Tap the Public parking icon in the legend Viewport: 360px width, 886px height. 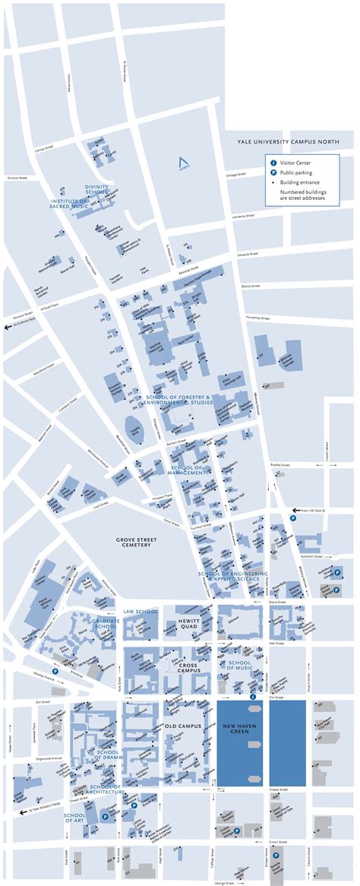(x=273, y=172)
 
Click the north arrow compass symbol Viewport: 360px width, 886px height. (x=181, y=162)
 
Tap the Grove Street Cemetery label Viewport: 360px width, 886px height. (x=136, y=541)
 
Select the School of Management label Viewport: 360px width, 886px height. (x=188, y=470)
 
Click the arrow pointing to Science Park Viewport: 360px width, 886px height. (x=10, y=327)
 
